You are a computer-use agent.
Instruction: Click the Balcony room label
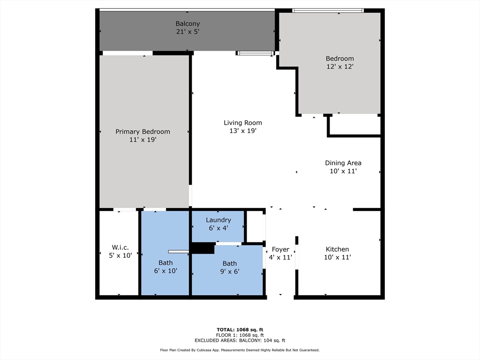[187, 23]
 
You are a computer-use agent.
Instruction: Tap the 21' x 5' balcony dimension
[187, 32]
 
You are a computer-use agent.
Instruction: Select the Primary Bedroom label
[142, 132]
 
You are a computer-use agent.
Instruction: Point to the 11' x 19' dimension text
[142, 140]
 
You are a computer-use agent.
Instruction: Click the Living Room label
[243, 123]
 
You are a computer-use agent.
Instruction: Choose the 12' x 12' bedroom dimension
[340, 67]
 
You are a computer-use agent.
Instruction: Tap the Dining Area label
[343, 163]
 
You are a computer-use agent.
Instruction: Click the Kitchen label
[337, 249]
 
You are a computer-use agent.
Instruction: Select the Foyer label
[280, 249]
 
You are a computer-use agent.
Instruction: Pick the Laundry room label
[218, 220]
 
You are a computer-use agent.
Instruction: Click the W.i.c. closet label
[120, 247]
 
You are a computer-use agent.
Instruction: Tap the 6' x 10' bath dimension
[165, 271]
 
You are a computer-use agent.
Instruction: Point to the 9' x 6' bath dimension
[230, 271]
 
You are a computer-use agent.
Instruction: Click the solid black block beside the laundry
[202, 248]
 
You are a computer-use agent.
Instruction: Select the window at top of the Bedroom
[328, 10]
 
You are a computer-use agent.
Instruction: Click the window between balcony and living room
[255, 53]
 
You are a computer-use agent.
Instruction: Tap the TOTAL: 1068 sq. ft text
[240, 330]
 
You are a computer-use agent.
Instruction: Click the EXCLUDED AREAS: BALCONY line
[240, 341]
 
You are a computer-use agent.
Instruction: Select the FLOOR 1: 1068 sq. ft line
[240, 335]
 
